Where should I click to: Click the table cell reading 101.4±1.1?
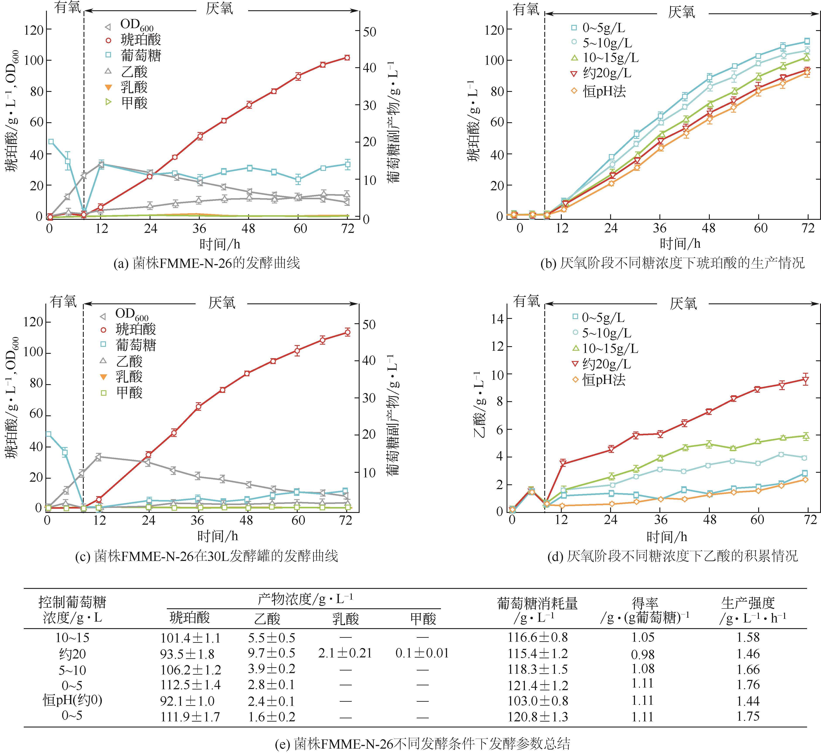(x=190, y=638)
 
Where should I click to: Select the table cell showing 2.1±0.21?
(x=345, y=653)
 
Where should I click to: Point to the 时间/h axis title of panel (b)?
(x=680, y=244)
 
